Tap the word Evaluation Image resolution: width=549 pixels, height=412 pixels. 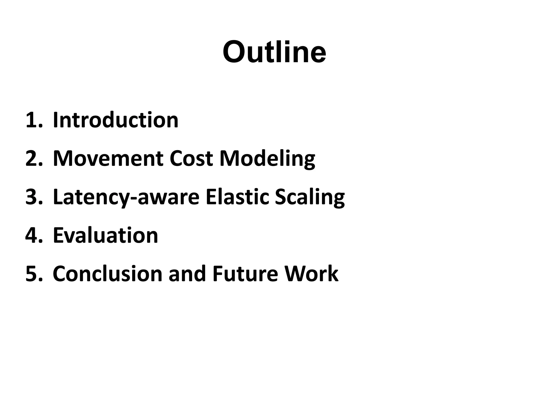[105, 235]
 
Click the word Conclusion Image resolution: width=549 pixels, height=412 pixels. [107, 274]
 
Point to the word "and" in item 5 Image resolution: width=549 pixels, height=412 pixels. [187, 274]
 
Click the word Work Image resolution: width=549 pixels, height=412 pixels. [311, 274]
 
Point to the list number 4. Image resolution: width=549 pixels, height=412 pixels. [34, 235]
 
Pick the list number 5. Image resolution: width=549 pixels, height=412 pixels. [34, 274]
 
